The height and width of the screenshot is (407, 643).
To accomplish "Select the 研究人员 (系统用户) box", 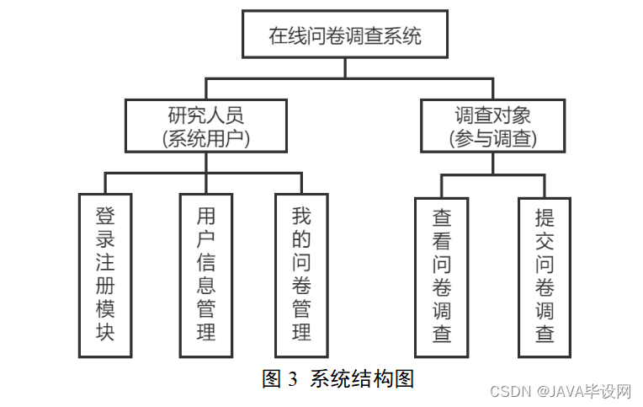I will pos(206,126).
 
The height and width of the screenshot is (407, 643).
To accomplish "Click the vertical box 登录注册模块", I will pos(105,275).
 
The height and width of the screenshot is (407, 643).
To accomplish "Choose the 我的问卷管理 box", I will pos(301,275).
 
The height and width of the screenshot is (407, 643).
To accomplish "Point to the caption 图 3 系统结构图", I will pos(338,378).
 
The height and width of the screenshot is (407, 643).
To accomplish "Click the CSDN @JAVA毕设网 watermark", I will pos(560,392).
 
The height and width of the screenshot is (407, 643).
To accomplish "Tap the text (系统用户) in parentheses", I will pos(206,138).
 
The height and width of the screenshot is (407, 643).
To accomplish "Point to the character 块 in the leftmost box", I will pos(105,332).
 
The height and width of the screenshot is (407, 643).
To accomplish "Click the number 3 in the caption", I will pos(293,379).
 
